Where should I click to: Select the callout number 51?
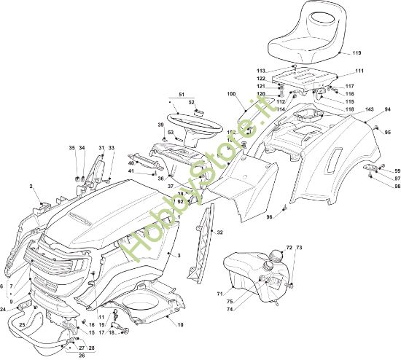point(181,95)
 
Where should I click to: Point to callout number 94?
point(388,109)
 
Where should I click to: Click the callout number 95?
point(388,132)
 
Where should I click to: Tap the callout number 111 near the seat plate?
point(359,71)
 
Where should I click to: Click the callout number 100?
point(232,95)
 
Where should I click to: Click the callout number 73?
point(298,249)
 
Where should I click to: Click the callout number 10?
point(180,324)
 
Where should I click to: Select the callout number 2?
point(31,187)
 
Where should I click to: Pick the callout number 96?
point(269,217)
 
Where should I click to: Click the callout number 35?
point(72,148)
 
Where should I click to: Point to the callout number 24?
point(4,309)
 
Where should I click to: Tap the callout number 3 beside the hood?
point(179,255)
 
